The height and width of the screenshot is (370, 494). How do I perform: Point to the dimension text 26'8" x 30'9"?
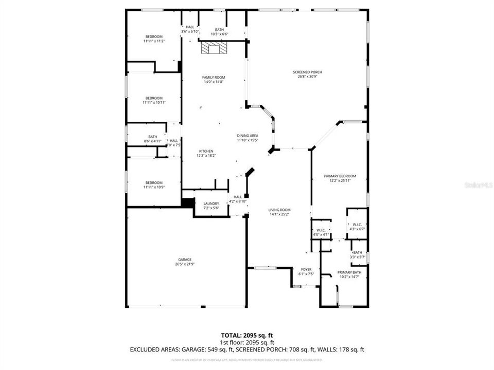coord(307,77)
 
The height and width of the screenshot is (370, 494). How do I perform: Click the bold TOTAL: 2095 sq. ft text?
coord(247,335)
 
